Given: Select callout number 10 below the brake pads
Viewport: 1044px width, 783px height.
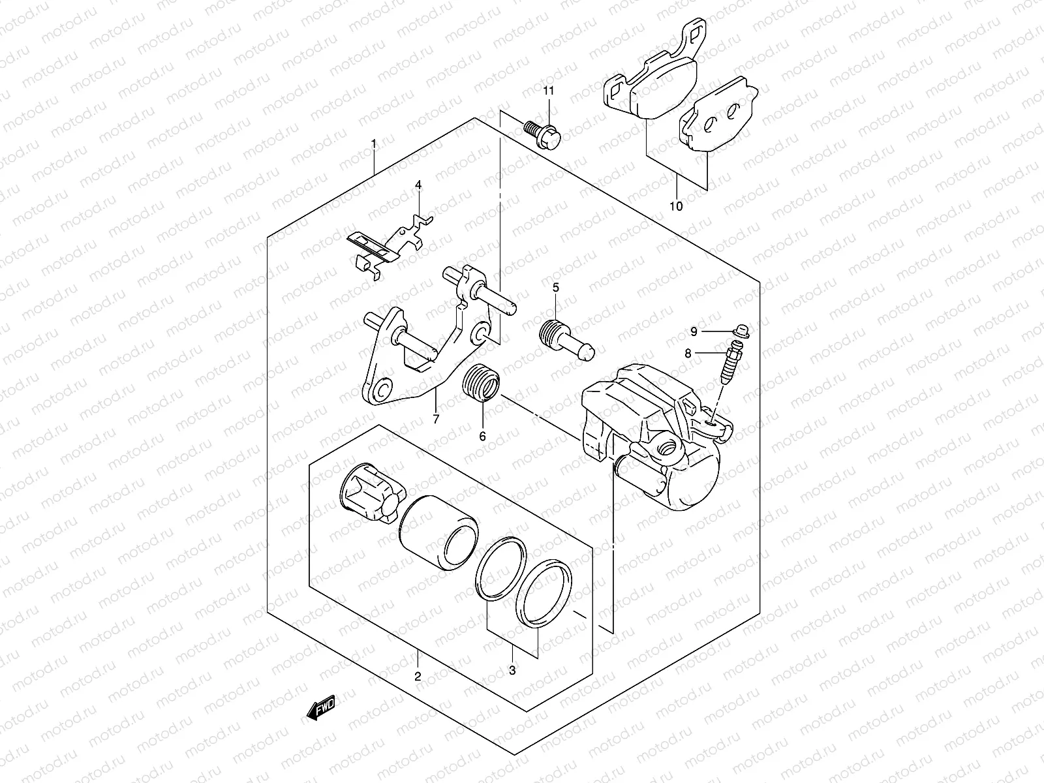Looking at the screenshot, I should (676, 206).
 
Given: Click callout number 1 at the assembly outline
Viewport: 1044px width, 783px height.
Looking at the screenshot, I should (374, 143).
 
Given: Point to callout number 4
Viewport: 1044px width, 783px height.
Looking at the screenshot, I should (418, 185).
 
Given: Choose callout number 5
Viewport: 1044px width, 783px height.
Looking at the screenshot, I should (556, 287).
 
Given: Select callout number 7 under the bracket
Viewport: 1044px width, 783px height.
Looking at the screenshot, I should (436, 419).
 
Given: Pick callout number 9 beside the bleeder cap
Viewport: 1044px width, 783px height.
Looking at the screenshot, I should (694, 332).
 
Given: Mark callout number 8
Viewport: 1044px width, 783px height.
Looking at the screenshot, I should (688, 353).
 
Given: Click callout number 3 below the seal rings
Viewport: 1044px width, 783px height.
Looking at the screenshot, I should (512, 670).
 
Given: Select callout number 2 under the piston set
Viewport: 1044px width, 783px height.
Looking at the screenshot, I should (418, 676).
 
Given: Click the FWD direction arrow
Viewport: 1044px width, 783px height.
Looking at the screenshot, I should (320, 712).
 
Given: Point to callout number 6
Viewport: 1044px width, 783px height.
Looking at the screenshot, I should (483, 437).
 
